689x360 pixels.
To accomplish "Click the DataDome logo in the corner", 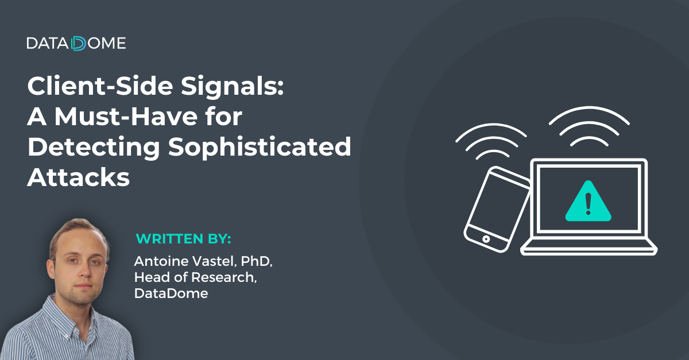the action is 76,44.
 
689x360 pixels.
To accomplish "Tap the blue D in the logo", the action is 79,44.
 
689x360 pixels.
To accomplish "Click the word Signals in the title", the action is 232,87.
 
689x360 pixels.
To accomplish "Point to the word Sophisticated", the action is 260,148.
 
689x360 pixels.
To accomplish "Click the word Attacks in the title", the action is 79,177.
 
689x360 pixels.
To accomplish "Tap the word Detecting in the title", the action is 94,148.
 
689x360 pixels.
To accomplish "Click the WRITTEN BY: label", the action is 183,239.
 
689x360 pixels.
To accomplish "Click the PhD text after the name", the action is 256,262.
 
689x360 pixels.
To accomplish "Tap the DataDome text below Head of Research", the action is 171,293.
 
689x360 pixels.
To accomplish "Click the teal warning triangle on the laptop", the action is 588,202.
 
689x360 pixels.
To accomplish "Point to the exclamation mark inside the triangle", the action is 588,203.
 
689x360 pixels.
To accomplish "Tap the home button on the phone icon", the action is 486,239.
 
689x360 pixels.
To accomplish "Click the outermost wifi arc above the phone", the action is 491,125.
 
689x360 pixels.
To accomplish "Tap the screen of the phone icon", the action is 498,206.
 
